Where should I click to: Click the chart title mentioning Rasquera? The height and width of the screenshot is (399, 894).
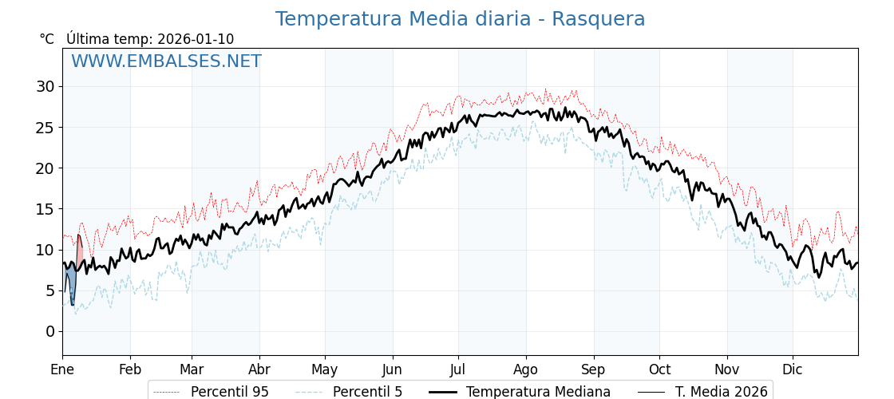(460, 19)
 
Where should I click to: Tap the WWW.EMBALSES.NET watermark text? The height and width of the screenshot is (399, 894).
(166, 61)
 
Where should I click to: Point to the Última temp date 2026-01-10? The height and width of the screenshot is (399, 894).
(196, 39)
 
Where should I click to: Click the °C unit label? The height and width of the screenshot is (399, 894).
(46, 39)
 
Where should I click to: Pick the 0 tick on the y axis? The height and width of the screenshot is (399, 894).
(50, 331)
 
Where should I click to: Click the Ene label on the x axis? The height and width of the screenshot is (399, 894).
(62, 369)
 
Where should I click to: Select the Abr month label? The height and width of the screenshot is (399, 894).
(259, 369)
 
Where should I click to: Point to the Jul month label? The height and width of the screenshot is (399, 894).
(458, 369)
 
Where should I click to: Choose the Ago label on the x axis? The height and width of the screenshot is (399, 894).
(526, 369)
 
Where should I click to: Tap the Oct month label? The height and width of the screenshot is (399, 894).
(659, 369)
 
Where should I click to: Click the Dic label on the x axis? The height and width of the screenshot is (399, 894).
(793, 369)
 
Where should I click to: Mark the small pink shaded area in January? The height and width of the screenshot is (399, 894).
(80, 257)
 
